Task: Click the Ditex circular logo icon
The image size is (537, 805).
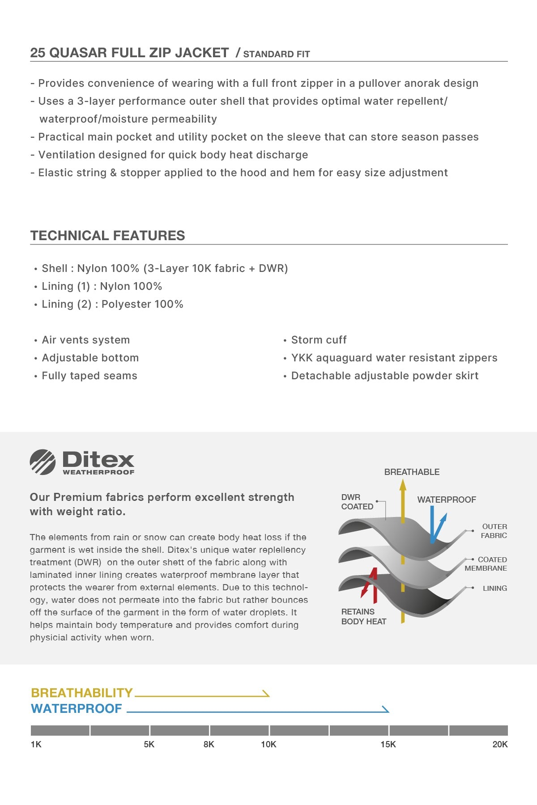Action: point(43,462)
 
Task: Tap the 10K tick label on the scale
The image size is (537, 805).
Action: point(268,744)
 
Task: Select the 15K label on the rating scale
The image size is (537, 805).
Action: point(388,744)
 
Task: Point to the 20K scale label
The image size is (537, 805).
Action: point(500,744)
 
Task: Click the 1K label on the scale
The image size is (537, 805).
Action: point(36,744)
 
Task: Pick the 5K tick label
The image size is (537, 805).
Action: point(149,744)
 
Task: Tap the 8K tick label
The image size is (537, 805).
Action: point(209,744)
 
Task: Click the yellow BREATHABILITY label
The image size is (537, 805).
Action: point(82,693)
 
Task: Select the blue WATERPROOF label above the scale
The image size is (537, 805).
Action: point(77,708)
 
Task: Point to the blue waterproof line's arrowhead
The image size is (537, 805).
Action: point(386,709)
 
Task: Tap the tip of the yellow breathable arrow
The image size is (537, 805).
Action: point(403,483)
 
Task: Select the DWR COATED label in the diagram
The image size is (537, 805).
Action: point(357,502)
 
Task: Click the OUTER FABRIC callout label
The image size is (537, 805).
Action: point(494,531)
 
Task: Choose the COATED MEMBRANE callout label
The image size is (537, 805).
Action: point(486,563)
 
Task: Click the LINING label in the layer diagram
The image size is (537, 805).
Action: point(494,588)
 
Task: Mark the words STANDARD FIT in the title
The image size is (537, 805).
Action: point(277,54)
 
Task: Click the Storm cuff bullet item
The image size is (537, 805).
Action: point(319,340)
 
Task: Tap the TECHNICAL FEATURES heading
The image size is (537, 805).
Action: point(107,235)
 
